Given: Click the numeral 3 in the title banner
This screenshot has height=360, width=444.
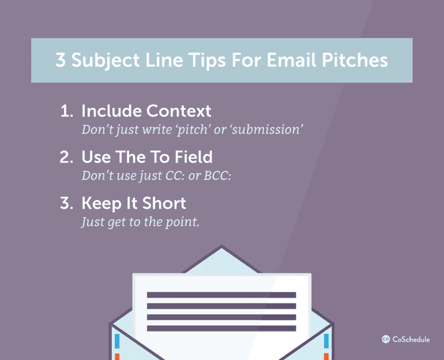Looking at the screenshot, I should pos(61,60).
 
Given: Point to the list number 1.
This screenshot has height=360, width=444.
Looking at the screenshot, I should pos(65,111).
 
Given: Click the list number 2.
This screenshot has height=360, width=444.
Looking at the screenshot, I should pos(66,157).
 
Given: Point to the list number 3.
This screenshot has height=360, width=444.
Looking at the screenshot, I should pos(66,204).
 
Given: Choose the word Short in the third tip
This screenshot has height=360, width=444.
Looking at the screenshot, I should pos(162,204).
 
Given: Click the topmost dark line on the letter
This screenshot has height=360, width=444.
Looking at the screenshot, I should pos(221,295).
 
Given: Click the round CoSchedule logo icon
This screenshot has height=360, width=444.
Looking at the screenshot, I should pos(385,339).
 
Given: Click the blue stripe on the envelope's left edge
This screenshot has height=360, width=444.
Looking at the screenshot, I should pos(117,340).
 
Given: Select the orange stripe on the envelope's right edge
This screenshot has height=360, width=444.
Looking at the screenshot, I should pos(326,356).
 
